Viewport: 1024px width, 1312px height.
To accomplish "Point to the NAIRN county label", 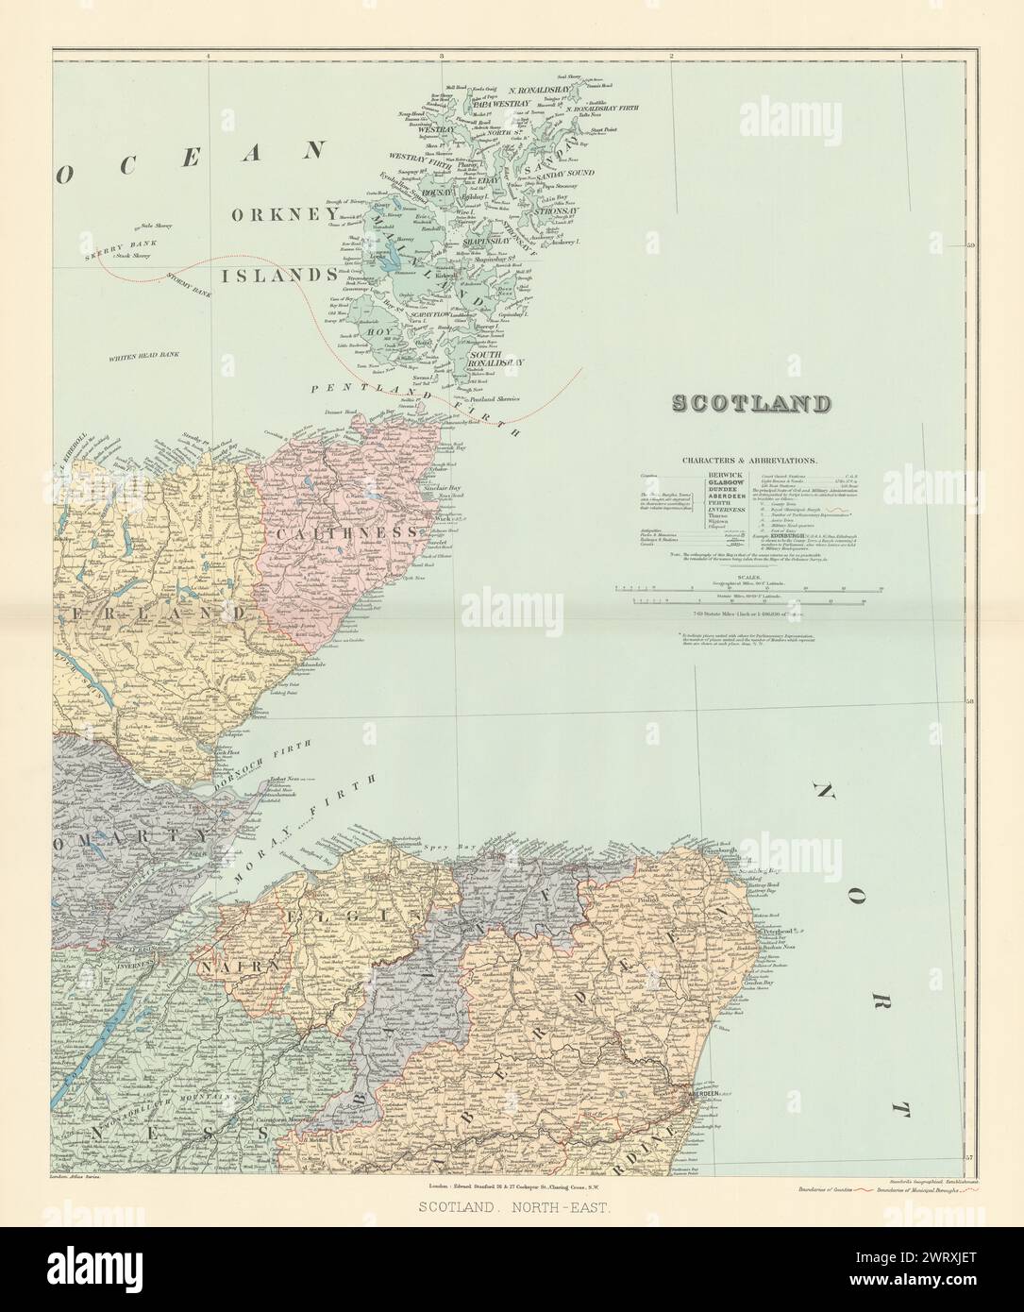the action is [x=226, y=967].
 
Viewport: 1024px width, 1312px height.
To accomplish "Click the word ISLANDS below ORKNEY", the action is [x=278, y=275].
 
